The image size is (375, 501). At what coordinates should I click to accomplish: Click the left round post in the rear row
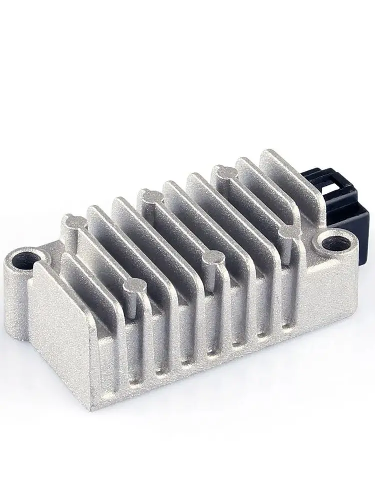point(71,220)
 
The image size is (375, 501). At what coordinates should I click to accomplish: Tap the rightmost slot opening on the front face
point(285,321)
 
